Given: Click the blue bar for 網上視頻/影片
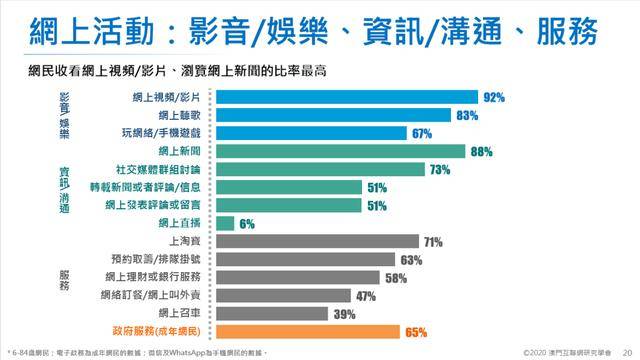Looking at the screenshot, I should (346, 98).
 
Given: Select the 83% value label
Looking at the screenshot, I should (466, 116).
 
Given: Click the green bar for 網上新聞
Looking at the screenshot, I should (340, 152).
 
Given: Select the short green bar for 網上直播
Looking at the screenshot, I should (225, 223).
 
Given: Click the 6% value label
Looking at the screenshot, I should (246, 223).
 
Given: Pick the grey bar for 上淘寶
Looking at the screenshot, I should (316, 241).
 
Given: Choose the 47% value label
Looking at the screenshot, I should (365, 295).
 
